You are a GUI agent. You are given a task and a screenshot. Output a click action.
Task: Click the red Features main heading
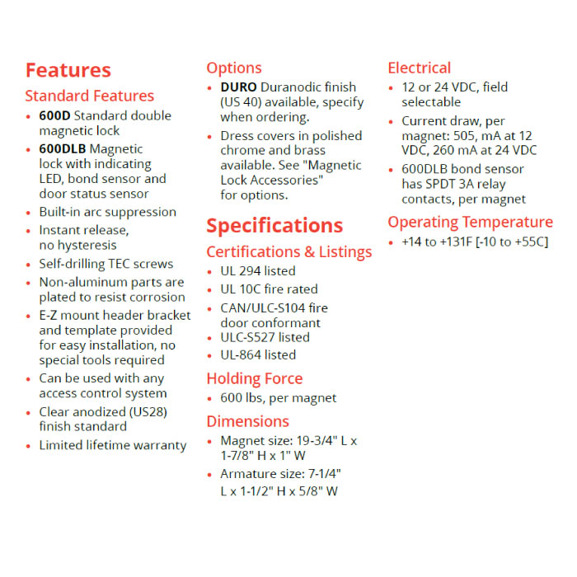coord(68,70)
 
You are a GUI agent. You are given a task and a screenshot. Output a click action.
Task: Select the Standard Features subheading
coord(89,96)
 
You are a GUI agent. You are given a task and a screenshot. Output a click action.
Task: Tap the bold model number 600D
coord(54,115)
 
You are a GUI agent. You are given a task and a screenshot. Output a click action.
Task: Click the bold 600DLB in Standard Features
coord(62,149)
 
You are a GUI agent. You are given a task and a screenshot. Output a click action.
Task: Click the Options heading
coord(234,68)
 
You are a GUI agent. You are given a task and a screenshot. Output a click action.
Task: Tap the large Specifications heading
coord(274,226)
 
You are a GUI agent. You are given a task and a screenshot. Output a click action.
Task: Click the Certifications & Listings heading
coord(288,251)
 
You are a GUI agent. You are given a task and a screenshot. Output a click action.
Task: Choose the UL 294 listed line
coord(257,270)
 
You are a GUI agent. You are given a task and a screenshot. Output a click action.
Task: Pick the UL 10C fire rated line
coord(269,288)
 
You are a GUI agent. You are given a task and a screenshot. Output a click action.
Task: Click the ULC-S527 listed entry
coord(265,337)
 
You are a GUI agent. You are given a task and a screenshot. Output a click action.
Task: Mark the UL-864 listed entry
coord(257,354)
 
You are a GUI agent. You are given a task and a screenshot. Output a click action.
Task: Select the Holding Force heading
coord(254,378)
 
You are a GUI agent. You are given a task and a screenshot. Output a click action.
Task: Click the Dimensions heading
coord(247,421)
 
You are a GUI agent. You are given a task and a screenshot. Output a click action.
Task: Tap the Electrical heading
coord(419,68)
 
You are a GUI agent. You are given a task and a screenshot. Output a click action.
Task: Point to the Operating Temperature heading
coord(470,222)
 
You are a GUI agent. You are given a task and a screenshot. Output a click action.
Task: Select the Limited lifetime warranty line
coord(113,445)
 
